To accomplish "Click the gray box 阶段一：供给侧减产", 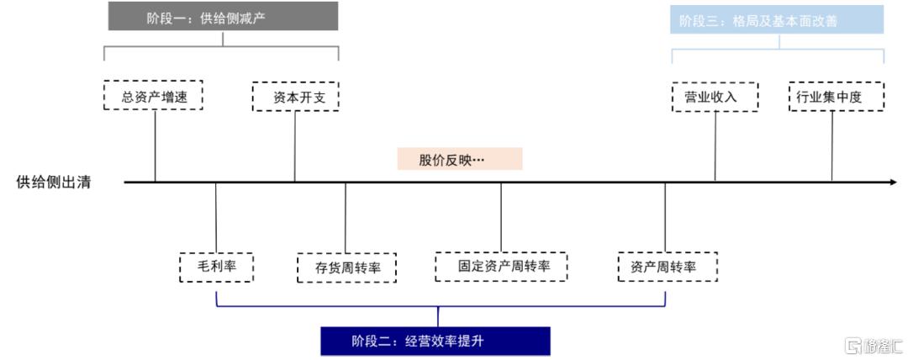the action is [x=223, y=16].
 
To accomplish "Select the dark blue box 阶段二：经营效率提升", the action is [x=436, y=341].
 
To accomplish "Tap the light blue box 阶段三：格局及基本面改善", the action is [x=777, y=19].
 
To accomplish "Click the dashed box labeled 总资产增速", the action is [x=154, y=95].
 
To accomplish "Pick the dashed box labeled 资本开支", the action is [x=295, y=96].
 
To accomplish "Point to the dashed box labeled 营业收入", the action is [x=715, y=96].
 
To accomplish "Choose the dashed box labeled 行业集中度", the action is [x=837, y=96].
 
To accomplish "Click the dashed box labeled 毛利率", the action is [x=217, y=267].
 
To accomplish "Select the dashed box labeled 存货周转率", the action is [x=347, y=267].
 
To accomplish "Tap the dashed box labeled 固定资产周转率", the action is [x=501, y=267].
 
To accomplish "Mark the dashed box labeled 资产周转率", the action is [x=668, y=267].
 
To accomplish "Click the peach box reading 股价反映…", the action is [x=460, y=159].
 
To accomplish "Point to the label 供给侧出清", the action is [x=54, y=183].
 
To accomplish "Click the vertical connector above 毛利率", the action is [x=215, y=217].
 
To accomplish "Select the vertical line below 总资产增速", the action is [x=156, y=146].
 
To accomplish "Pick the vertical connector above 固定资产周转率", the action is [x=501, y=217].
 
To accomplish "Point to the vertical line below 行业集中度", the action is [x=832, y=146].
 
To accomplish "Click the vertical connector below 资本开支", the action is [x=295, y=146].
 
